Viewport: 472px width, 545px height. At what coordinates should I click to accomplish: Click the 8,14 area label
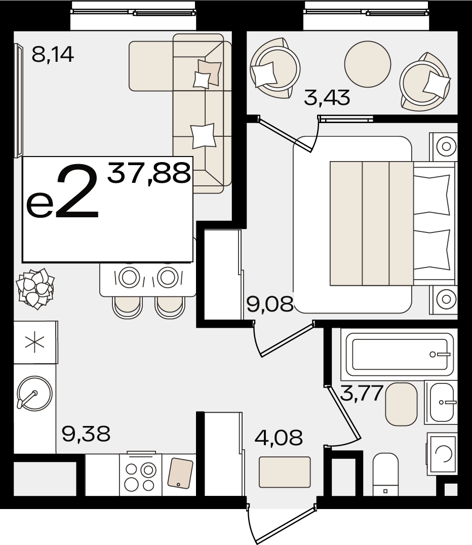[x=53, y=55]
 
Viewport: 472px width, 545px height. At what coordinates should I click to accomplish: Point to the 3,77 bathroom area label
[x=362, y=393]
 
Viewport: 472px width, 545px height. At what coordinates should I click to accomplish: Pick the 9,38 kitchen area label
[x=86, y=434]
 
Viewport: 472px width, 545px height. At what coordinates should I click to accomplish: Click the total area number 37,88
[x=149, y=173]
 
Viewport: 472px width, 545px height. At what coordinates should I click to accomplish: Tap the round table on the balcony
[x=367, y=64]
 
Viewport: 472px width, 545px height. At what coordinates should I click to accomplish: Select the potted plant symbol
[x=35, y=288]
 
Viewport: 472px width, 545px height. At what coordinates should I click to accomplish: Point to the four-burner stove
[x=140, y=475]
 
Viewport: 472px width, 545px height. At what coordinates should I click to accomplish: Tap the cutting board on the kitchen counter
[x=180, y=473]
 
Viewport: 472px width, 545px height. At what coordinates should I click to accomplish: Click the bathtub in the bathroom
[x=397, y=355]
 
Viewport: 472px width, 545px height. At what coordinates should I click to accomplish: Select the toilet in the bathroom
[x=385, y=474]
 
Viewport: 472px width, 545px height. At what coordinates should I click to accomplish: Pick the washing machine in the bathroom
[x=442, y=453]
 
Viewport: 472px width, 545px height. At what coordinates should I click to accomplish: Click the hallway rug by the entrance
[x=285, y=472]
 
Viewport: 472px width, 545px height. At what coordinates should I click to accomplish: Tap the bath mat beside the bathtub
[x=401, y=404]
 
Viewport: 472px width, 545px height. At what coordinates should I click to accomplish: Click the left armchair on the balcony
[x=275, y=68]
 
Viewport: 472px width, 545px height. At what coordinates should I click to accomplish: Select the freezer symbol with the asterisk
[x=35, y=342]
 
